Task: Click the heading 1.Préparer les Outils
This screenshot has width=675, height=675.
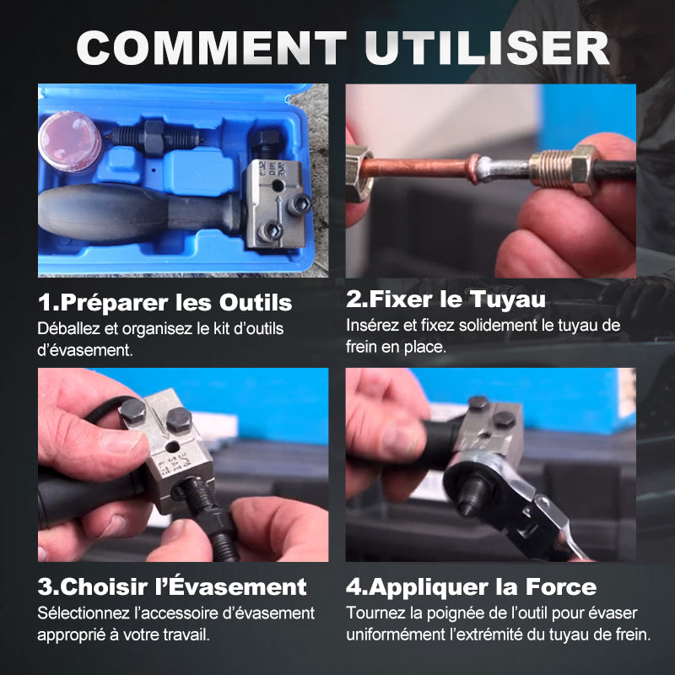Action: click(165, 302)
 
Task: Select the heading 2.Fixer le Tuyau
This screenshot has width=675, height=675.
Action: click(446, 299)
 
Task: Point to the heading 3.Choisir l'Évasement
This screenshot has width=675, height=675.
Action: click(172, 586)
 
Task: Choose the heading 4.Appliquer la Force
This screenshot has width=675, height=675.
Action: click(471, 586)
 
